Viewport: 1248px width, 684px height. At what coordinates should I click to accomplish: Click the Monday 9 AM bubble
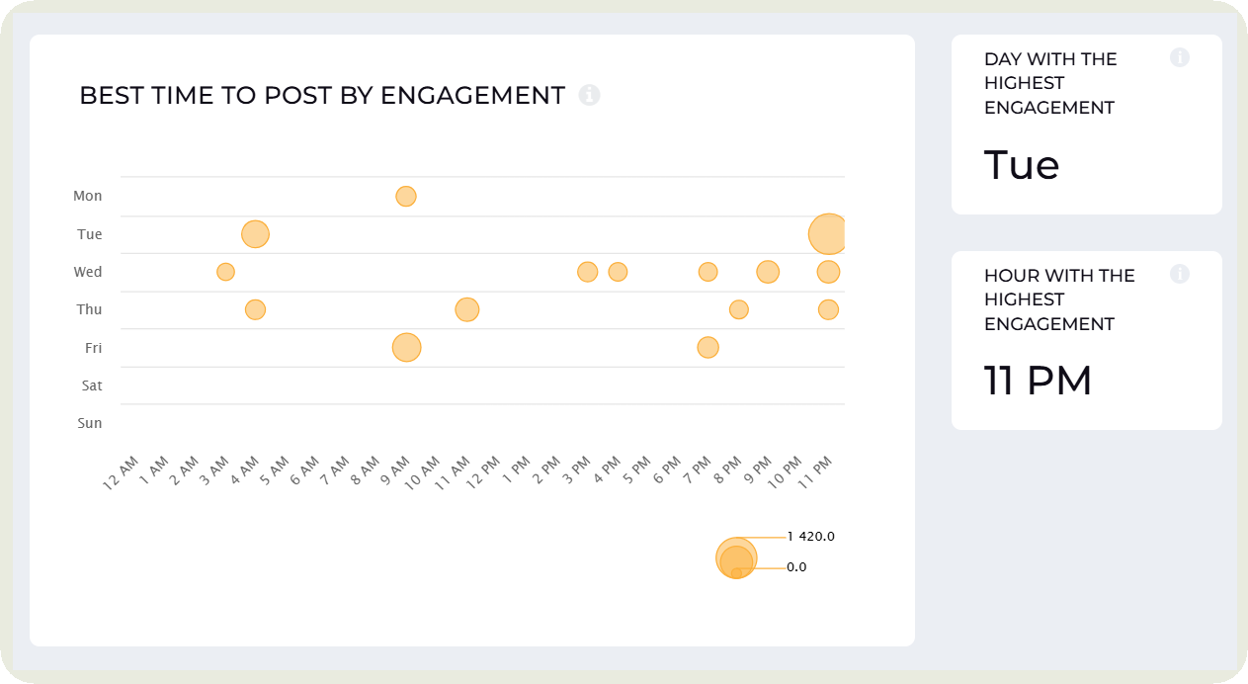click(405, 196)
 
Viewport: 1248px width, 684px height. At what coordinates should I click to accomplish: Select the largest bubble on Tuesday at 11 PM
click(828, 234)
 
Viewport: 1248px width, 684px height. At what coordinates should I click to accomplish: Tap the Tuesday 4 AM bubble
click(255, 234)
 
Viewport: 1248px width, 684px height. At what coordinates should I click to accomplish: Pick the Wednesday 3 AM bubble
click(225, 272)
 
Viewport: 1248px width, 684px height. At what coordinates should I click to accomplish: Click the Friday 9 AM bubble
click(405, 347)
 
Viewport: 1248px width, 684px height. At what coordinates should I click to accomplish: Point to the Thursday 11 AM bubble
click(466, 309)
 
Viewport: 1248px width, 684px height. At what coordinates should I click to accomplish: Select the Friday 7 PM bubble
click(707, 347)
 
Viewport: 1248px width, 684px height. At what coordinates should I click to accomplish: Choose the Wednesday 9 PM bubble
click(768, 272)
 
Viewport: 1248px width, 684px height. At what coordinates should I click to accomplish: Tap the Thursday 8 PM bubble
click(738, 309)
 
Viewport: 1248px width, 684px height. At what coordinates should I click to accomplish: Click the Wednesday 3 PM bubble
click(587, 272)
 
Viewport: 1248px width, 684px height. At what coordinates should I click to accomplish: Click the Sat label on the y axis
click(92, 385)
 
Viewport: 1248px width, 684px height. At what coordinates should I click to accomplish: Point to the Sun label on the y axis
click(90, 423)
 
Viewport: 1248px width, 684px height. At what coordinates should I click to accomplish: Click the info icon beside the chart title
click(589, 95)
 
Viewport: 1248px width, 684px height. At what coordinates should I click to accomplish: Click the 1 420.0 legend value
click(811, 537)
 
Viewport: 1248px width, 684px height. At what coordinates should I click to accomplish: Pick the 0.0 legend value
click(796, 567)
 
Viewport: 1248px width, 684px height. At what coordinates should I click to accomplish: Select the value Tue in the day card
click(1022, 165)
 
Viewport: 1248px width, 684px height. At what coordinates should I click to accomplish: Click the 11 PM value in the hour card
click(1038, 382)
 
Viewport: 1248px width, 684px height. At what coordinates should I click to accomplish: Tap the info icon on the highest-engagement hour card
click(1179, 274)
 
